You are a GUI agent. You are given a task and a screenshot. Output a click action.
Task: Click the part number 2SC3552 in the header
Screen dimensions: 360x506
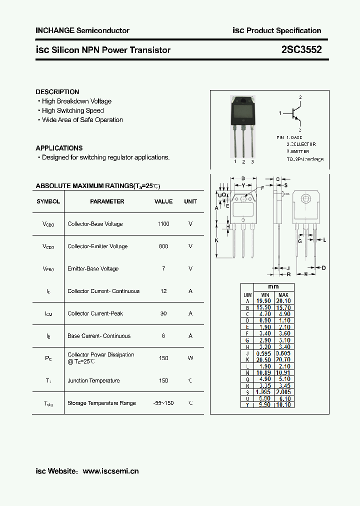(x=301, y=50)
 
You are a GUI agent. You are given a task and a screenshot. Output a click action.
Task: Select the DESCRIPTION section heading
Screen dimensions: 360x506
(x=57, y=92)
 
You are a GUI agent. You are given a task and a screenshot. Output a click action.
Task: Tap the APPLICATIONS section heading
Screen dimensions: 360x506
(x=59, y=148)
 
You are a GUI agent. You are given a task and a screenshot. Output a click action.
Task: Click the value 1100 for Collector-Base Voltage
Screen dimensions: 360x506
(x=163, y=224)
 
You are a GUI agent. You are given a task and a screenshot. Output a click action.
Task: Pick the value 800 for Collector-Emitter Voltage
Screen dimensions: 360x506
(x=163, y=246)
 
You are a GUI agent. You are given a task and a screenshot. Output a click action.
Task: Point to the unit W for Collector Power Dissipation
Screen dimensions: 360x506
(x=190, y=358)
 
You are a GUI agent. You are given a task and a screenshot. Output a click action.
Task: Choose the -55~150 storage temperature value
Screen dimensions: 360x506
(x=163, y=403)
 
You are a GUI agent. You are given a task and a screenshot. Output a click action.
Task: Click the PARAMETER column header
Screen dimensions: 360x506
(x=107, y=201)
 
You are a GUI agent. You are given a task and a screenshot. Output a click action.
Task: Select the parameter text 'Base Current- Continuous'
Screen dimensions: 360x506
(x=99, y=336)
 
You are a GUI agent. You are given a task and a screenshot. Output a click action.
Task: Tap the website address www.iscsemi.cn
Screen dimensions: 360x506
(x=110, y=471)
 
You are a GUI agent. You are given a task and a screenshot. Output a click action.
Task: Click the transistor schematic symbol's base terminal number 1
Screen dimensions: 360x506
(x=280, y=113)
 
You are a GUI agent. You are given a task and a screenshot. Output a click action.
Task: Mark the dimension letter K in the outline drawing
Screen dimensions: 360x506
(x=216, y=240)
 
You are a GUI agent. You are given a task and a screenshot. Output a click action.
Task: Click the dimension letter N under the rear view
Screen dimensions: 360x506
(x=306, y=274)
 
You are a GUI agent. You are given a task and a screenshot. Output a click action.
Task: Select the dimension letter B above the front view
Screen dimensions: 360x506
(x=242, y=178)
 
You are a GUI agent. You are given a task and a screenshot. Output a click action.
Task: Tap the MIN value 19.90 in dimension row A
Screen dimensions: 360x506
(x=263, y=301)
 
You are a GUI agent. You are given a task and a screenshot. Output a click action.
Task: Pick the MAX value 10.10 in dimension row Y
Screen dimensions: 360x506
(x=283, y=404)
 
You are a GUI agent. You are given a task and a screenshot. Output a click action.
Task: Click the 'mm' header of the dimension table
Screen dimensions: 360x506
(x=273, y=287)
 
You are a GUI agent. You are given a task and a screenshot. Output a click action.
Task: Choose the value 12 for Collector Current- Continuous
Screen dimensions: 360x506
(x=163, y=291)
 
